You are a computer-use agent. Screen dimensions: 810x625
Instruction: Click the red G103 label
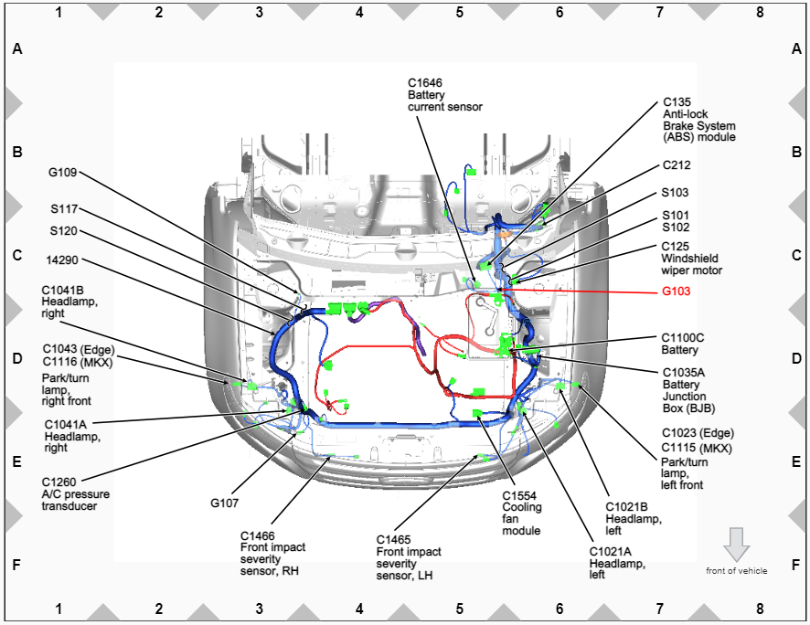point(676,291)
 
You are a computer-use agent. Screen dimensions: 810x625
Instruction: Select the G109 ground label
point(62,173)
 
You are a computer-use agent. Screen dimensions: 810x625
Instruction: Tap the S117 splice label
point(64,209)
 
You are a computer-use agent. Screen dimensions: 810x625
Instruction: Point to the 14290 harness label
point(62,260)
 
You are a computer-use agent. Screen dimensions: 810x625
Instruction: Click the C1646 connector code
point(425,82)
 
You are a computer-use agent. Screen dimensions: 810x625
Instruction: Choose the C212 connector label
point(677,165)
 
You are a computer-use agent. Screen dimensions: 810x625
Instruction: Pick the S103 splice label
point(675,193)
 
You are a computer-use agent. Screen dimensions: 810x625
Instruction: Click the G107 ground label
point(224,503)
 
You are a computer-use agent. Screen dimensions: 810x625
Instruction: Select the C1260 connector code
point(59,482)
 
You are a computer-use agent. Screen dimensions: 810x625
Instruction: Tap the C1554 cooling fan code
point(519,496)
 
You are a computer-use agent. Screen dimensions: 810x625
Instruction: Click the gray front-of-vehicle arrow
point(736,545)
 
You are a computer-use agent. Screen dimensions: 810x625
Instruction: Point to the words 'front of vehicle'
point(737,571)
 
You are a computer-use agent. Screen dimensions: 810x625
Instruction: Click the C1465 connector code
point(393,540)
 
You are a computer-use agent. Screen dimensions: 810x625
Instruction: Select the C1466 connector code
point(257,535)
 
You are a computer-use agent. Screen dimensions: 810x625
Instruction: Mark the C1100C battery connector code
point(682,337)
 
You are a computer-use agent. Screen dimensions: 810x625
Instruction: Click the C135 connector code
point(677,102)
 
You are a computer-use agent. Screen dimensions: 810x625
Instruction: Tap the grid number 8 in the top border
point(760,12)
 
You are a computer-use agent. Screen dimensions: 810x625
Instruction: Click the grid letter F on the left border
point(16,565)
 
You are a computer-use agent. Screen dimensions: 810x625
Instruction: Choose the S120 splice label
point(64,230)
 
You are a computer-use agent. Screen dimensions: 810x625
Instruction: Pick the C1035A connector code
point(684,373)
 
